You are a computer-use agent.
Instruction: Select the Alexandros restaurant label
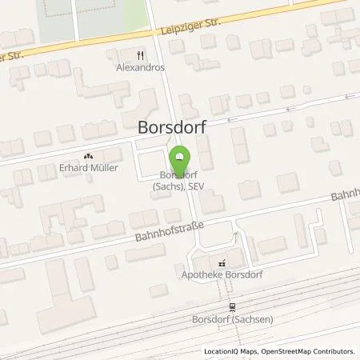(x=140, y=68)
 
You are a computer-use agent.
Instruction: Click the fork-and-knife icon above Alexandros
(x=141, y=55)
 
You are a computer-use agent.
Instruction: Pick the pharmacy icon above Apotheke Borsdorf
(x=222, y=262)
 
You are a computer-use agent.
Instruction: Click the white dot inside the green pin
(x=180, y=155)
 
